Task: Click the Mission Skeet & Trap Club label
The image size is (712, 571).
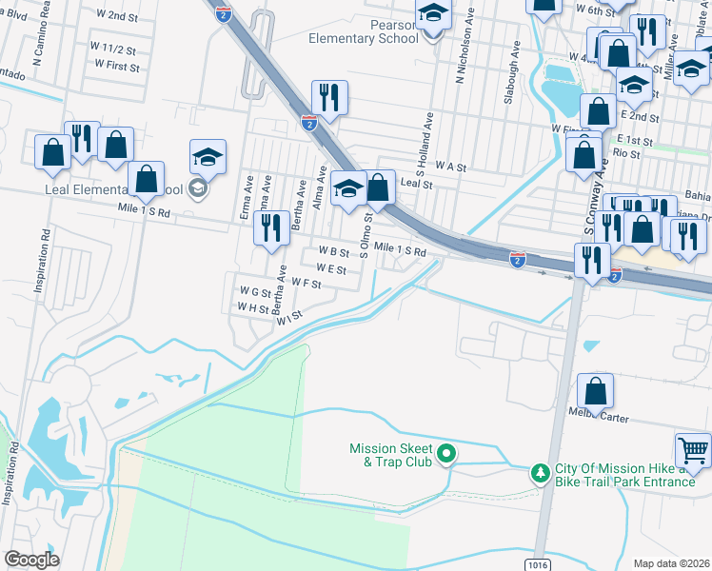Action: tap(390, 455)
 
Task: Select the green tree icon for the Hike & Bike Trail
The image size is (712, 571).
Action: tap(540, 472)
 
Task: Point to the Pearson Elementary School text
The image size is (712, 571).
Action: tap(364, 31)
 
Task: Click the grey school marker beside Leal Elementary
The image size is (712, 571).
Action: tap(199, 187)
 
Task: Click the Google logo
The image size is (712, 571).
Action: tap(31, 560)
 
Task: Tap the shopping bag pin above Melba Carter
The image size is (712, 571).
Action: tap(595, 390)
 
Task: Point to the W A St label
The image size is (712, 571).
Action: tap(449, 167)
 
